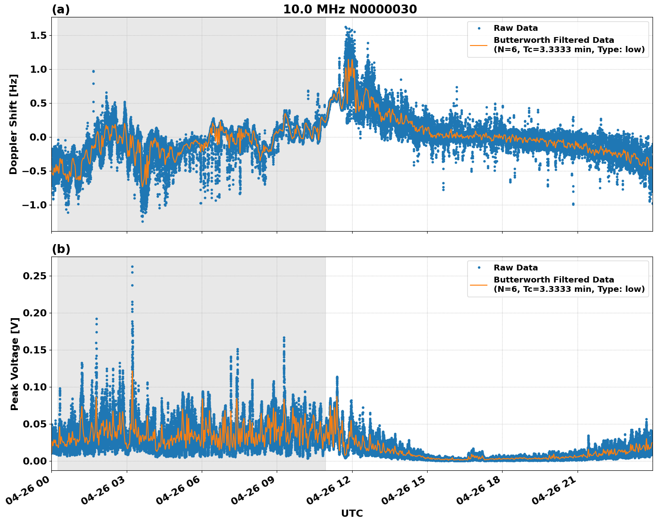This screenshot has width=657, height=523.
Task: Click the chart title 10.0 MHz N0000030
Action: [350, 9]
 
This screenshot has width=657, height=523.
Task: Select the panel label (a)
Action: [61, 9]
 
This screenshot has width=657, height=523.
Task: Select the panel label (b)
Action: [61, 249]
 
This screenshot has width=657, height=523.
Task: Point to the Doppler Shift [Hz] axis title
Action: [13, 124]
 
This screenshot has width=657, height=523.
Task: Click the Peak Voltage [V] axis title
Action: [15, 364]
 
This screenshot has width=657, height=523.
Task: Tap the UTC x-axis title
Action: [352, 513]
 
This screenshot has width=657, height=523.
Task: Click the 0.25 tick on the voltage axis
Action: [35, 276]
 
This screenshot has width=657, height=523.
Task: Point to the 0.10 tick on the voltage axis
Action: [35, 387]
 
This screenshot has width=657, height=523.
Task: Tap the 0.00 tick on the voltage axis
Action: [35, 461]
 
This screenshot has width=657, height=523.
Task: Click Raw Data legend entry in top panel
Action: [516, 28]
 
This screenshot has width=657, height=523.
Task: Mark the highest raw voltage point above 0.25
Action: [132, 266]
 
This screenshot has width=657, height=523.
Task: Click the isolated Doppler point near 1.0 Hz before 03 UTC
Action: [93, 71]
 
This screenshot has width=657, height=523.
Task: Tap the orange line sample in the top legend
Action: [479, 45]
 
